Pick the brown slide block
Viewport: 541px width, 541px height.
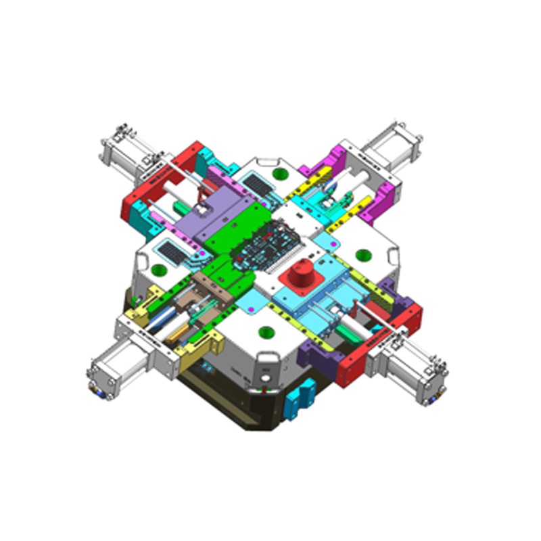pos(210,289)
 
